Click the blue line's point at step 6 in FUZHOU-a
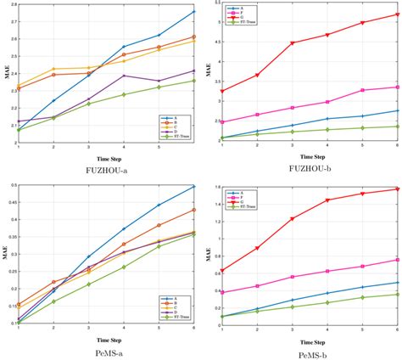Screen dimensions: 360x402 (193, 11)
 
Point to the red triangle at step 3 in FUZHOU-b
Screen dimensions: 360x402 (292, 43)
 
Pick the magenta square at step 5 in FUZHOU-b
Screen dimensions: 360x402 (362, 90)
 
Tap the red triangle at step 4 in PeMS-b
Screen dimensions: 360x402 (327, 200)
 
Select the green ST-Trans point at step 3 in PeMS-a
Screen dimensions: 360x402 (87, 284)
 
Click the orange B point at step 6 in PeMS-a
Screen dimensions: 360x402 (193, 210)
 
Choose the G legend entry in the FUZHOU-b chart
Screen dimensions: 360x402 (240, 19)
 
